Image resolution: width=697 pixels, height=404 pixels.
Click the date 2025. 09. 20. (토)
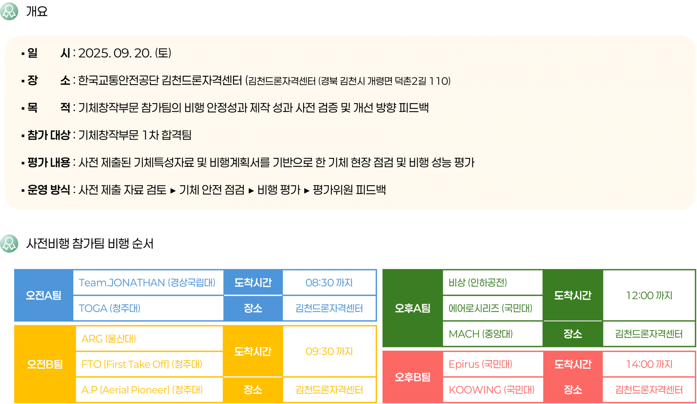click(x=125, y=53)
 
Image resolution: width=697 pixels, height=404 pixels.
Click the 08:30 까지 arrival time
click(x=329, y=283)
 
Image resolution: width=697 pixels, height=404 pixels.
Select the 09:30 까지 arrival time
click(x=329, y=351)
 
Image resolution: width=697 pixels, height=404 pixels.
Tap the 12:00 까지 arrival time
click(x=649, y=295)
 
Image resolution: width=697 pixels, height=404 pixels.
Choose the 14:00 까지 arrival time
click(x=649, y=364)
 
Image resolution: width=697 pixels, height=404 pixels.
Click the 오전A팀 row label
click(x=44, y=295)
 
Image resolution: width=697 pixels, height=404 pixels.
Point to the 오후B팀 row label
click(x=412, y=377)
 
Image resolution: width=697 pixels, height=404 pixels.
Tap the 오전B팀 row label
click(x=45, y=364)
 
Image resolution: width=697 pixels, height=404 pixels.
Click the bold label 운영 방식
click(x=49, y=189)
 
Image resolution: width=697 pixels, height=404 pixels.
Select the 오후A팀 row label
click(x=412, y=308)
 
